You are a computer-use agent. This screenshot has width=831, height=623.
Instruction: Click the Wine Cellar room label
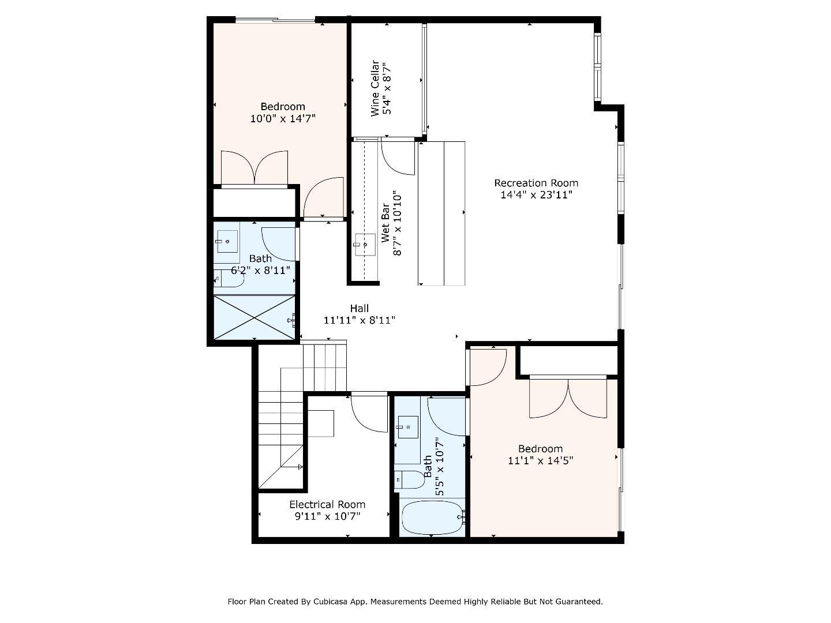pos(375,88)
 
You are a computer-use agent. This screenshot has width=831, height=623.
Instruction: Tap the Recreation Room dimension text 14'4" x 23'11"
pos(536,195)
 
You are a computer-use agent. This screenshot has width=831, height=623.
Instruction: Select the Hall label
pos(359,309)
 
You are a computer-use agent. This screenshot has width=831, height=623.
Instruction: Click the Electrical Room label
pos(327,504)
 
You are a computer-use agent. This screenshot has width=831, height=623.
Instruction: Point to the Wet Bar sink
pos(364,245)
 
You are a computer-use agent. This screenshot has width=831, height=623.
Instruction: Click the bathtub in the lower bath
pos(432,517)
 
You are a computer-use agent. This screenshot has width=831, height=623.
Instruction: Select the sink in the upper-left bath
pos(227,242)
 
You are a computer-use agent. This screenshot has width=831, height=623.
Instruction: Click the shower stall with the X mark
pos(254,318)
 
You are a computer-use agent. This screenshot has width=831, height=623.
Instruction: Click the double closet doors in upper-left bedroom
pos(254,168)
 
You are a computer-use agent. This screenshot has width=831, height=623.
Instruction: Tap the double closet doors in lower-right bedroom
pos(568,399)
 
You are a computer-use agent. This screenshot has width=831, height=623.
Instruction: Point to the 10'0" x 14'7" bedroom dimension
pos(283,119)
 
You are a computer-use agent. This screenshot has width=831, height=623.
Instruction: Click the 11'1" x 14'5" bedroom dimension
pos(540,461)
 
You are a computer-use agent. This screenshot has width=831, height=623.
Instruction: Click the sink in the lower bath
pos(408,427)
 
